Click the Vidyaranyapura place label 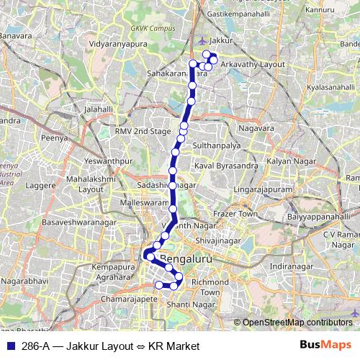114,44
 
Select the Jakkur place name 223,41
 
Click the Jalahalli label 99,109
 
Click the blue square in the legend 10,346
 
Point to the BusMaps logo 326,346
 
